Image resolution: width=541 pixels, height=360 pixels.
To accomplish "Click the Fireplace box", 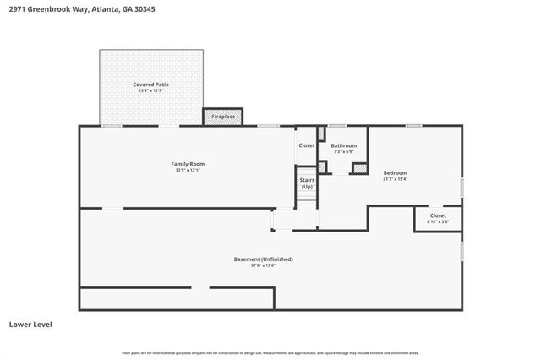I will click(222, 116).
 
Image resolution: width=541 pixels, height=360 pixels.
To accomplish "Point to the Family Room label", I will click(188, 163).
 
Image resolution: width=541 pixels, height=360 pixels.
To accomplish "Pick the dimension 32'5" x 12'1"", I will click(188, 170).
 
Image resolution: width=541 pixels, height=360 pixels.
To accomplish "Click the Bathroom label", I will click(343, 145).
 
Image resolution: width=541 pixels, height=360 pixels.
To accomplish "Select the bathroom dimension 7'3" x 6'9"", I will click(343, 152).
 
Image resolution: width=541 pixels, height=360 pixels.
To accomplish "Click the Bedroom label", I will click(395, 172).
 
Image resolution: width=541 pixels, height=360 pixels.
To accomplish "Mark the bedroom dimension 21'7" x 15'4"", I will click(395, 178).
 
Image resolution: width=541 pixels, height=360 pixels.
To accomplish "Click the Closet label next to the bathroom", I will click(306, 145).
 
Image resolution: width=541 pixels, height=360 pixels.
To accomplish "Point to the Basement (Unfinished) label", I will click(263, 259).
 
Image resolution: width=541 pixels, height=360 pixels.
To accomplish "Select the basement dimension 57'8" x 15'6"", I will click(263, 265).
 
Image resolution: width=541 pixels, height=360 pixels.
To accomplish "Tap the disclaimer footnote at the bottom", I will click(270, 353).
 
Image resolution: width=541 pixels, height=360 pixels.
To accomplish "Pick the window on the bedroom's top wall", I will click(413, 126).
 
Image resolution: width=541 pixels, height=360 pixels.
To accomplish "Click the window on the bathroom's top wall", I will click(337, 126).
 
